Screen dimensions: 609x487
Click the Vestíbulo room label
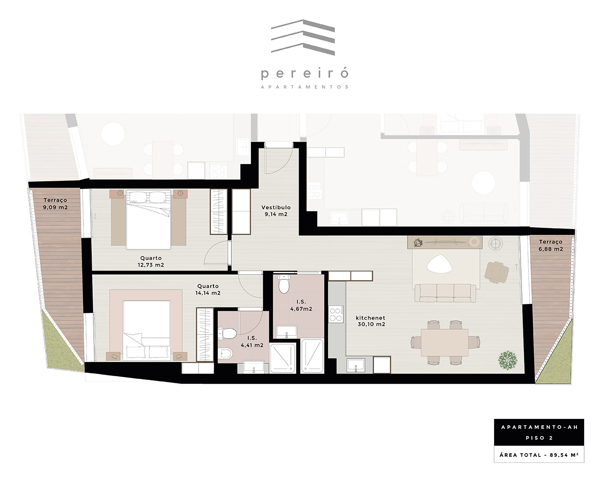(x=276, y=207)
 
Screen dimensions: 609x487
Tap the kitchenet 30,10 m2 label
(x=371, y=321)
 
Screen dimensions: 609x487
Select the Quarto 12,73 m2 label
(x=151, y=262)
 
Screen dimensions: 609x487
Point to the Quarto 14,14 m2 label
(x=208, y=289)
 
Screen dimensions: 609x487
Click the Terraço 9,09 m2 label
(x=55, y=203)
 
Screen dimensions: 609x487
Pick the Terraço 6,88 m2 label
(x=551, y=245)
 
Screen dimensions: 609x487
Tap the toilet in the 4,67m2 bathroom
(x=284, y=284)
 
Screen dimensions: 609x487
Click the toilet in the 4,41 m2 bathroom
(x=227, y=333)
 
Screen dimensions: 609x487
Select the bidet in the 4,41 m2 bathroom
(x=225, y=354)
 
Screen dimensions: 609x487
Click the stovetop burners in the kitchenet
(x=336, y=314)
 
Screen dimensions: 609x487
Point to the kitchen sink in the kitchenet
(x=356, y=365)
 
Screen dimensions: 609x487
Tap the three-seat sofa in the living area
(x=445, y=293)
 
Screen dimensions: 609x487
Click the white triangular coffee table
(x=439, y=264)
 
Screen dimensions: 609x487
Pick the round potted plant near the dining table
(x=507, y=360)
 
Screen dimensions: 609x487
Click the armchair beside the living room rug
(x=497, y=272)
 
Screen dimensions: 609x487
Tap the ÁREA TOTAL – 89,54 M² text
(x=539, y=455)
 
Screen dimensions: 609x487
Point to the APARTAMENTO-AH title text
(x=540, y=427)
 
